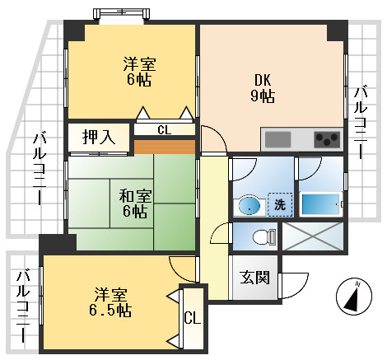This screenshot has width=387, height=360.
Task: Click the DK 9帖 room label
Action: coord(263,88)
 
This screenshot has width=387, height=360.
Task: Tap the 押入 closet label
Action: coord(99,138)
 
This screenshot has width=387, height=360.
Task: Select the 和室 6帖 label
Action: coord(135,204)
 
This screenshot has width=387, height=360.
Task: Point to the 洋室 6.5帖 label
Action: coord(110,302)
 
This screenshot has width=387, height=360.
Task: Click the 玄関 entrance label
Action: coord(254,278)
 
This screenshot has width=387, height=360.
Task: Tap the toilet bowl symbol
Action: coord(264,236)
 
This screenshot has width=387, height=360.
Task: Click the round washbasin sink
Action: coord(249,205)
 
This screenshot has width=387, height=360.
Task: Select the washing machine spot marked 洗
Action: coord(280,204)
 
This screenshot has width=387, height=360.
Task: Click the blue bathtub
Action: coord(320,204)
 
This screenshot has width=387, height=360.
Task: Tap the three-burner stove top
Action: coord(327,139)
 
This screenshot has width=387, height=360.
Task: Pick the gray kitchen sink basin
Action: coord(277,139)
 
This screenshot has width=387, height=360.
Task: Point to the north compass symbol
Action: coord(354,296)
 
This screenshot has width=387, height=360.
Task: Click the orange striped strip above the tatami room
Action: coord(165,147)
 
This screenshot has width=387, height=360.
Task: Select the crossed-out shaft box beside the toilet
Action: coord(313,236)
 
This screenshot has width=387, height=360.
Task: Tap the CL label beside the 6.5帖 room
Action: coord(193,319)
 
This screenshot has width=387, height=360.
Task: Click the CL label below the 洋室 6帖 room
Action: coord(165,130)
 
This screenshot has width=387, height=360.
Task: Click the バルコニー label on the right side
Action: coord(360,123)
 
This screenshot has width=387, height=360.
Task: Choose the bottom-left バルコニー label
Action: coord(23,306)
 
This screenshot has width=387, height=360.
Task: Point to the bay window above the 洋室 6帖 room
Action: coord(121,14)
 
